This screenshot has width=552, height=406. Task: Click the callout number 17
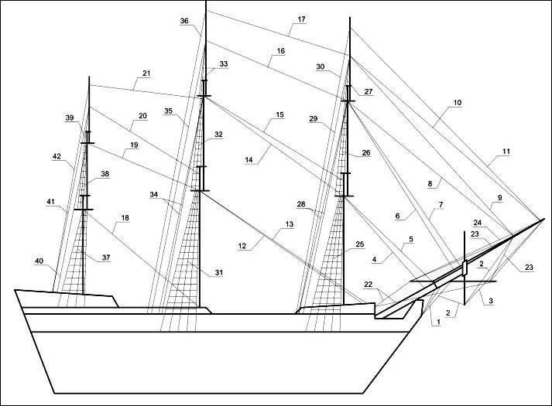[x=300, y=19]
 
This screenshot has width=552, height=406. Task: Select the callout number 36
[x=184, y=22]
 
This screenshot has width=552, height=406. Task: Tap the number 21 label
[x=146, y=74]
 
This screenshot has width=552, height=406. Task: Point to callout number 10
[x=458, y=101]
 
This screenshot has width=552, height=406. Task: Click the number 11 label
[x=506, y=152]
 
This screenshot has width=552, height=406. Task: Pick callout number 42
[x=57, y=156]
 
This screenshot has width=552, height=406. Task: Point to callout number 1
[x=437, y=323]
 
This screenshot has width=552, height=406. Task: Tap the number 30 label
[x=320, y=67]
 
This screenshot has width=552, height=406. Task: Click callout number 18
[x=125, y=218]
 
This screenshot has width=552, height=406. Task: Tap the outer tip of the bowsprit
[x=542, y=219]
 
